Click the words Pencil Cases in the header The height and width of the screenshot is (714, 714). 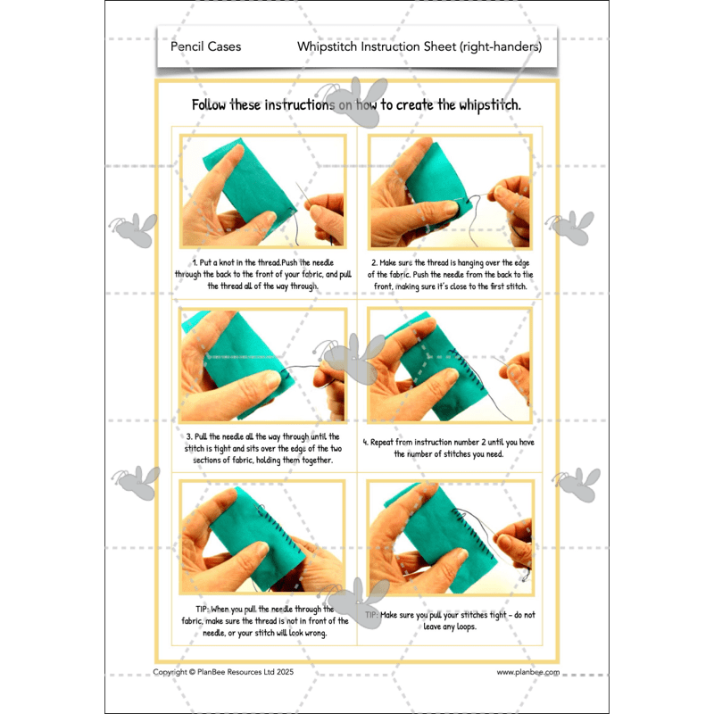pyautogui.click(x=205, y=46)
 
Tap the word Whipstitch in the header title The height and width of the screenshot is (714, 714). pyautogui.click(x=327, y=46)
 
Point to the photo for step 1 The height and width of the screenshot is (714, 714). pyautogui.click(x=263, y=191)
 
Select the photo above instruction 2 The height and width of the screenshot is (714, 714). pyautogui.click(x=450, y=191)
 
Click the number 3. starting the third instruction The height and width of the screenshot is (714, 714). pyautogui.click(x=190, y=436)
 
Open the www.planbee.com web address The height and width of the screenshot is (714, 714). pyautogui.click(x=527, y=672)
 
